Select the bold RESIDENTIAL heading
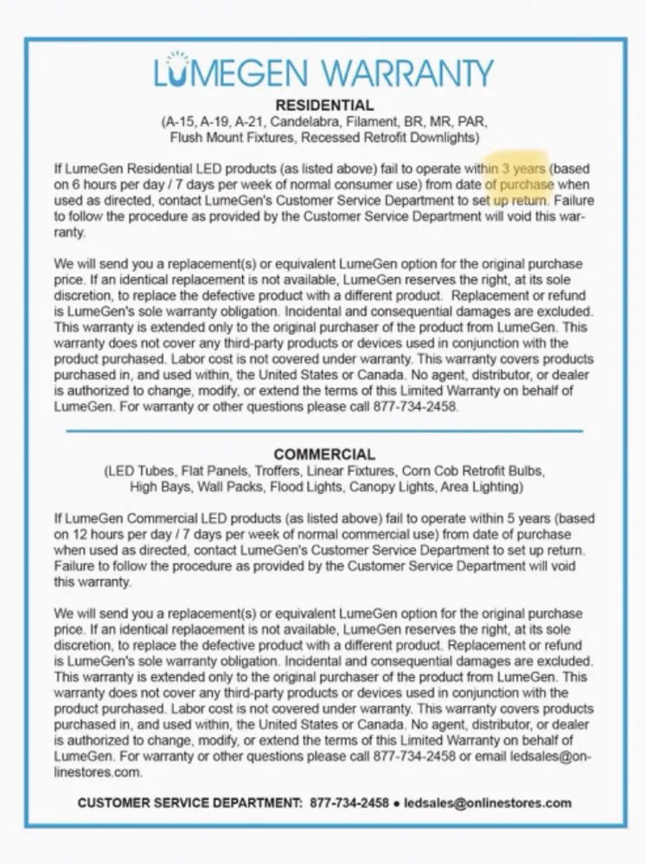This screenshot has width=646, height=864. pos(324,106)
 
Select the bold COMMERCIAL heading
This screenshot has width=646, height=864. pos(324,454)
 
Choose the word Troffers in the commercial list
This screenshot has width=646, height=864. pos(280,471)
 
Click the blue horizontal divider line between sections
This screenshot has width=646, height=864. pos(324,430)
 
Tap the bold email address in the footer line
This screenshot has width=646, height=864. pos(487,802)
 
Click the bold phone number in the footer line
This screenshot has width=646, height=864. pos(349,802)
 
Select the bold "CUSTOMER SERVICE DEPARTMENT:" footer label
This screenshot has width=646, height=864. pos(189,802)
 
